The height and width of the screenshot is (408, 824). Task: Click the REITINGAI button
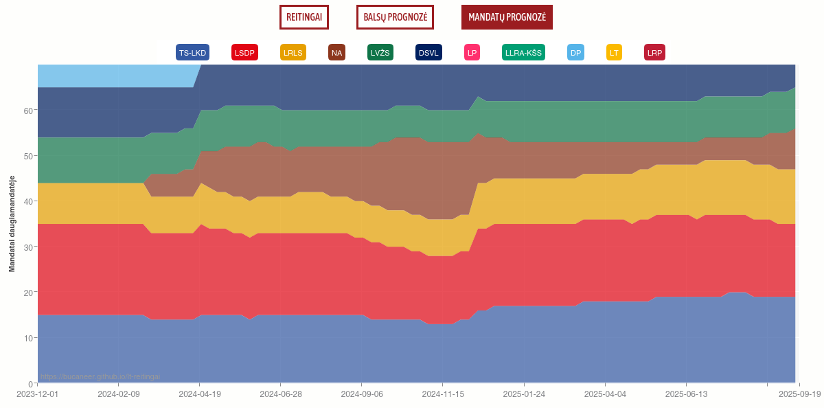click(x=304, y=17)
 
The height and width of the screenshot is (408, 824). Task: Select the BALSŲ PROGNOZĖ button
click(x=395, y=17)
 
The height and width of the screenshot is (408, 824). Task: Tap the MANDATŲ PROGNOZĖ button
click(x=507, y=17)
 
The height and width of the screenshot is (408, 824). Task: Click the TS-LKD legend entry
click(x=192, y=53)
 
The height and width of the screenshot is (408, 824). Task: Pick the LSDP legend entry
click(x=244, y=53)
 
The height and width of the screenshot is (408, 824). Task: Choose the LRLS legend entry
click(x=293, y=53)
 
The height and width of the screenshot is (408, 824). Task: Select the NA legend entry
click(x=336, y=53)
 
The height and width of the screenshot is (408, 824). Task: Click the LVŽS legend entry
click(x=380, y=53)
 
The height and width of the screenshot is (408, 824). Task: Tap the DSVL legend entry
click(x=428, y=53)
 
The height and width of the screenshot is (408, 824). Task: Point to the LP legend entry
click(x=472, y=53)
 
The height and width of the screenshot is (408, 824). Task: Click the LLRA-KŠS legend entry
click(x=523, y=53)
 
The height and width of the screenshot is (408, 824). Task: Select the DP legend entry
click(x=575, y=53)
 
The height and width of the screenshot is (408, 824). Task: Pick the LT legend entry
click(x=614, y=53)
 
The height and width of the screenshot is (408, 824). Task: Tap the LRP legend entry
click(x=654, y=53)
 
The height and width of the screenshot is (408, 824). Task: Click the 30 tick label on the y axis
click(x=28, y=247)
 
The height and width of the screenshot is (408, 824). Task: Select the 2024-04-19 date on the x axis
click(x=199, y=394)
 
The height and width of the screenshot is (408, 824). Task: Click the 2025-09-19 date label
click(x=799, y=394)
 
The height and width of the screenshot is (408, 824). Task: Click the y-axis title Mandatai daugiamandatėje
click(x=12, y=224)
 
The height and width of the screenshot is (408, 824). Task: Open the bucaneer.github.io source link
click(x=100, y=376)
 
